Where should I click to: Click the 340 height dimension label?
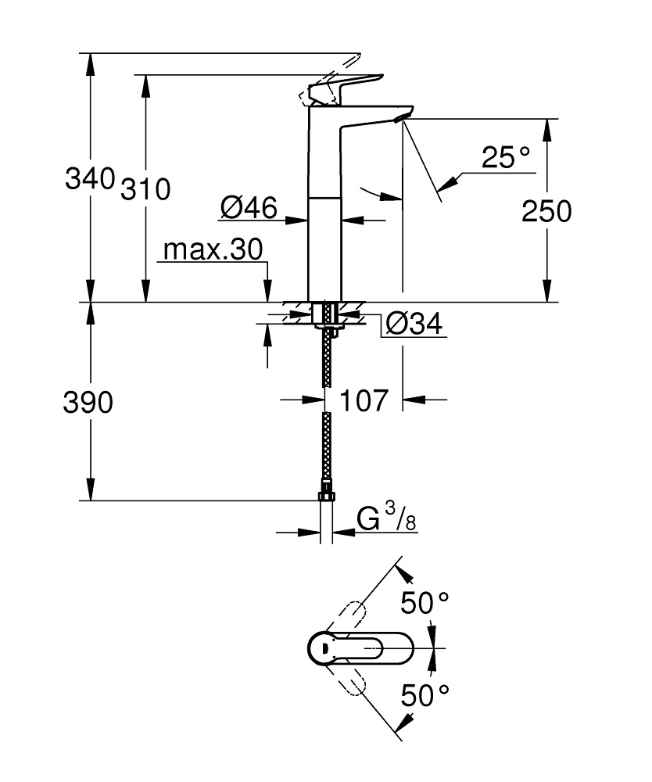click(x=90, y=179)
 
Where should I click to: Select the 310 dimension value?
click(x=145, y=188)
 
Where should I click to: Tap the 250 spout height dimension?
click(x=547, y=211)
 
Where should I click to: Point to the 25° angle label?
click(x=506, y=159)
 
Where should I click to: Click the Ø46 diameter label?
click(x=249, y=208)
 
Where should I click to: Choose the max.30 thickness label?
click(x=212, y=250)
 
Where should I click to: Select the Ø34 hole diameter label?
click(x=414, y=323)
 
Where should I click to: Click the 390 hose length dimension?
click(x=89, y=403)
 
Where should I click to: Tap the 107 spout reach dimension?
click(x=364, y=400)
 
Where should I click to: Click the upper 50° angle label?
click(x=425, y=602)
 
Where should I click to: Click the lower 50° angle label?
click(x=425, y=694)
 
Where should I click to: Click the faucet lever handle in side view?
click(x=348, y=87)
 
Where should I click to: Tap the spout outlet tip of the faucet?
click(x=401, y=117)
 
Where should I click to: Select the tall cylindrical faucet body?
click(x=324, y=235)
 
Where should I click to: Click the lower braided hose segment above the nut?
click(x=327, y=450)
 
